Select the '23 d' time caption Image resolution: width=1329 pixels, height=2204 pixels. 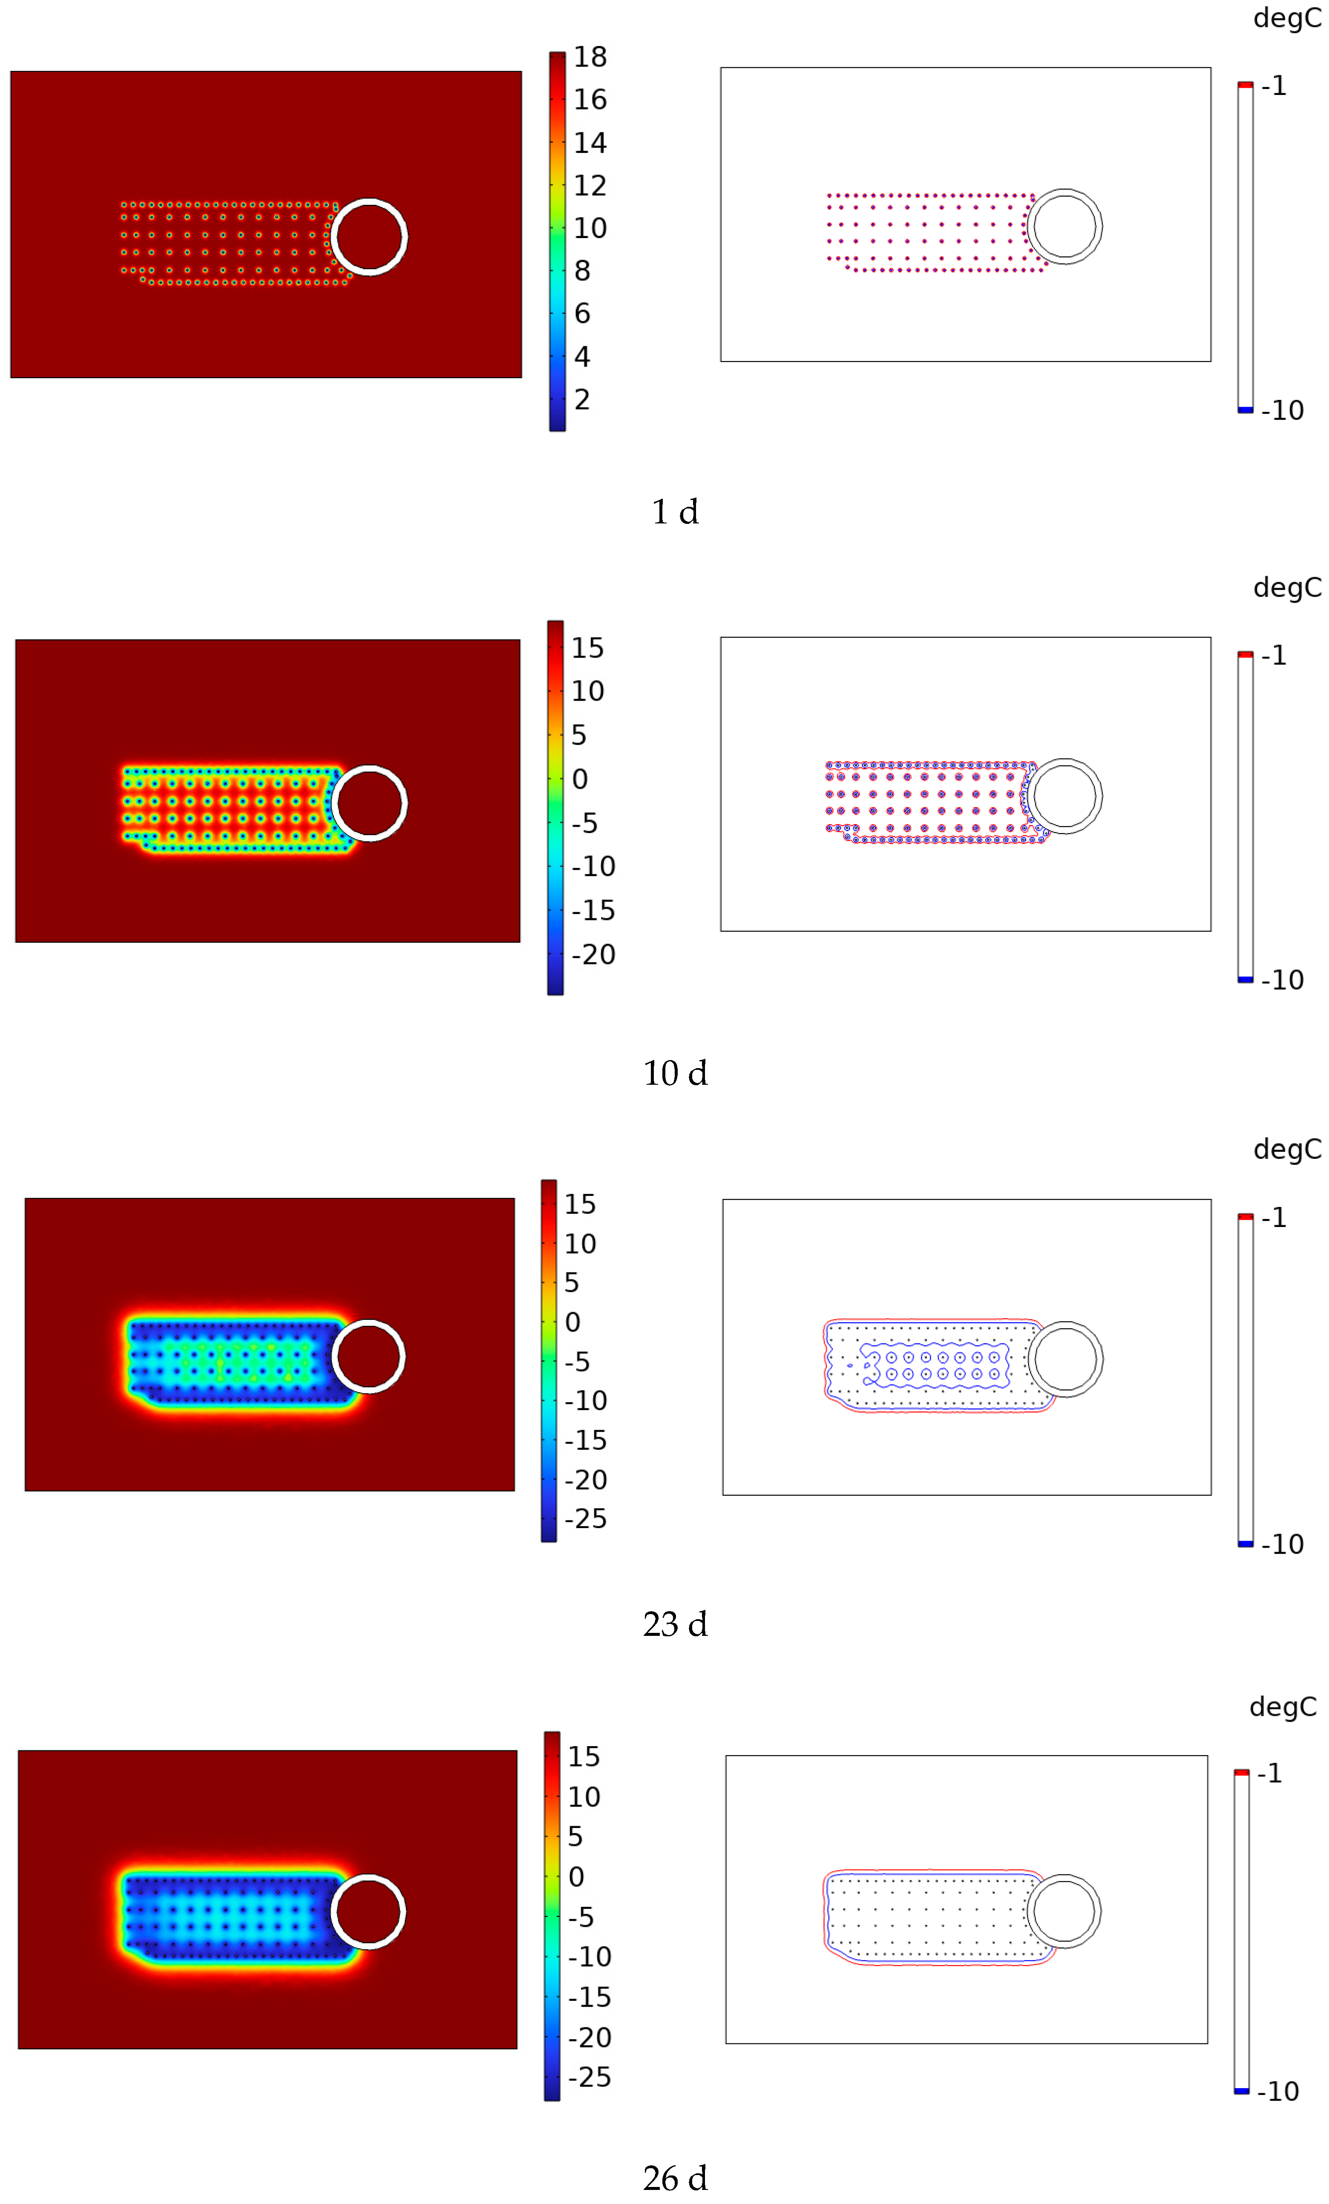(675, 1624)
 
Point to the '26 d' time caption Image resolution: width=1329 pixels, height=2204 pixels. (675, 2177)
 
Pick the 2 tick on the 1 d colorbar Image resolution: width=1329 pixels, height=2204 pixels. (582, 400)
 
